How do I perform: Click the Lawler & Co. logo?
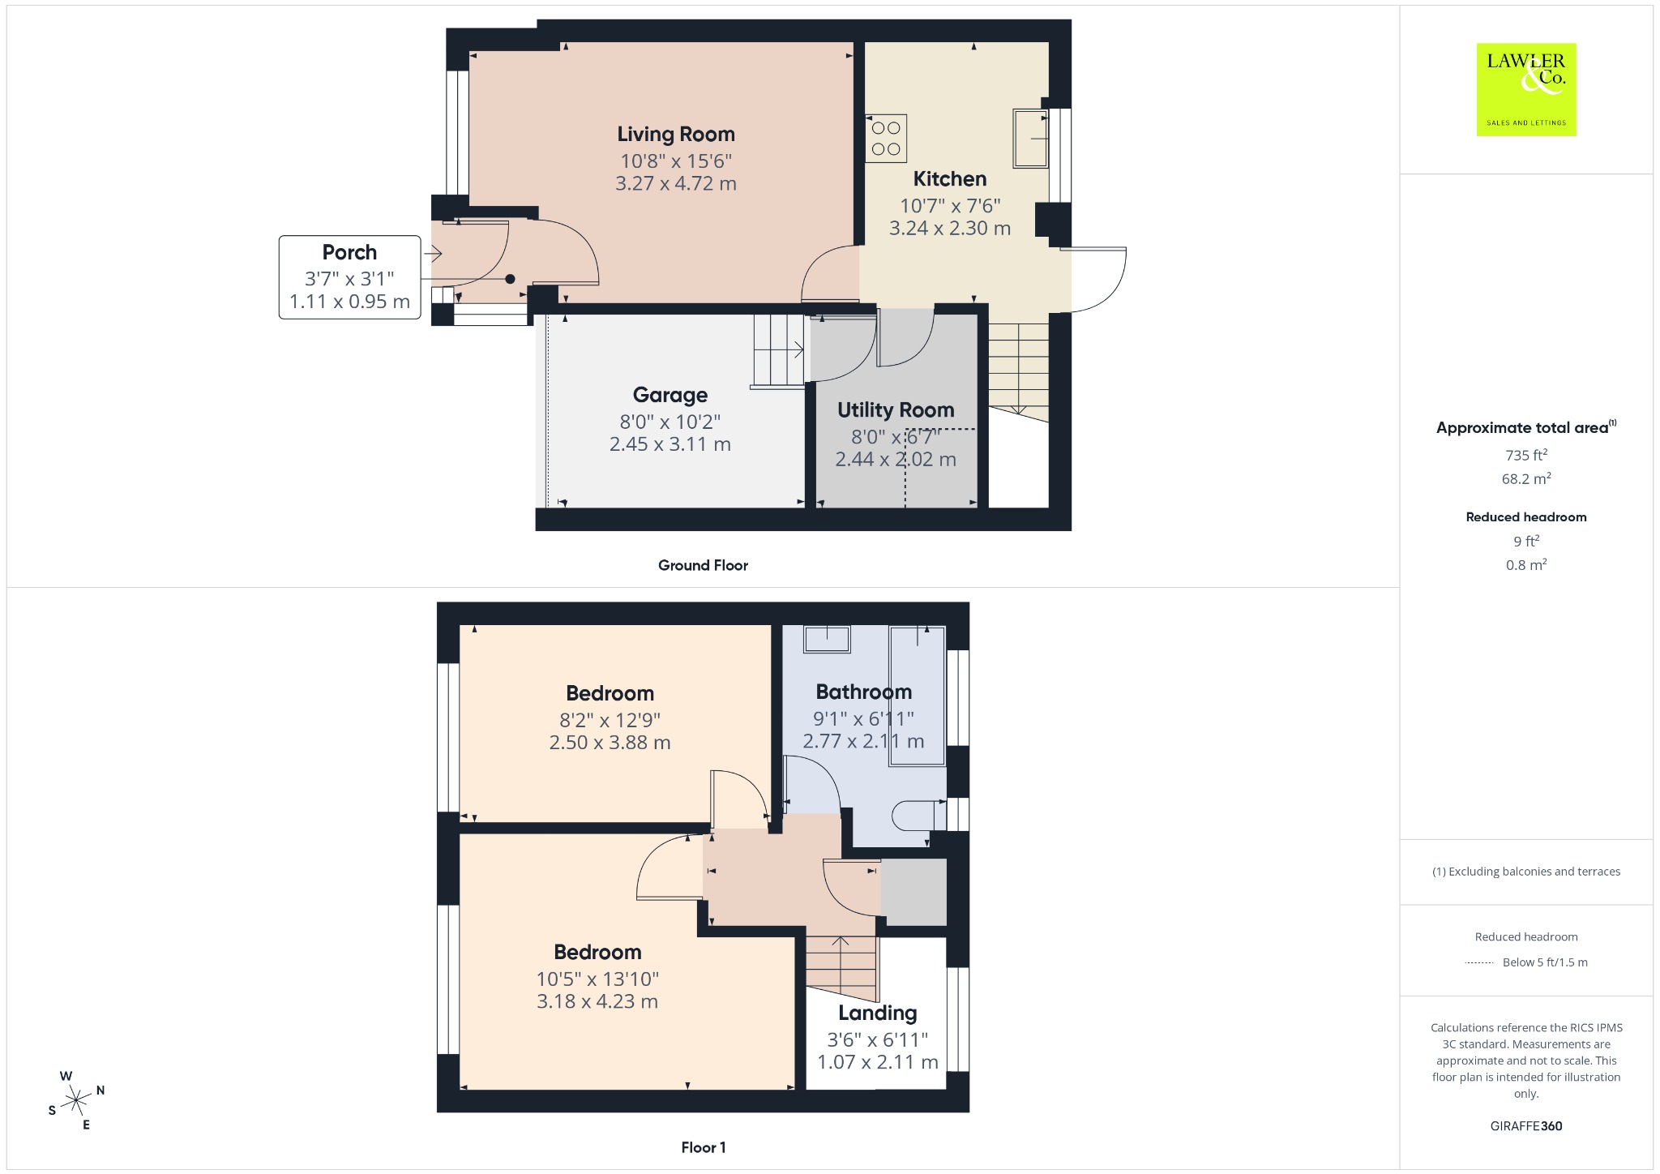pos(1525,89)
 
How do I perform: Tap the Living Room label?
pos(676,134)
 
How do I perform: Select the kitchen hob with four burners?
pos(886,139)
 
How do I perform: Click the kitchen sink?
pos(1030,138)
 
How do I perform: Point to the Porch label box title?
pos(349,252)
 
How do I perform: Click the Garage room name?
pos(670,395)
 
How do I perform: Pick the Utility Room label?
pos(896,410)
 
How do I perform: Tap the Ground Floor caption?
pos(703,565)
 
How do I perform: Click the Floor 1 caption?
pos(704,1147)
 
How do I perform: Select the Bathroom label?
pos(864,692)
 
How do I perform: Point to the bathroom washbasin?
pos(827,639)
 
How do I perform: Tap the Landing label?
pos(878,1013)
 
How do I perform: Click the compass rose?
pos(76,1100)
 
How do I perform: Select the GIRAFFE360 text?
pos(1526,1126)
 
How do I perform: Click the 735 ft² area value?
pos(1526,455)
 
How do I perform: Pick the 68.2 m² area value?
pos(1526,478)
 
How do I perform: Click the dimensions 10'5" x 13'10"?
pos(597,979)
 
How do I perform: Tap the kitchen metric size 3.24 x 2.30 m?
pos(950,229)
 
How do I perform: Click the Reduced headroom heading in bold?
pos(1526,517)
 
